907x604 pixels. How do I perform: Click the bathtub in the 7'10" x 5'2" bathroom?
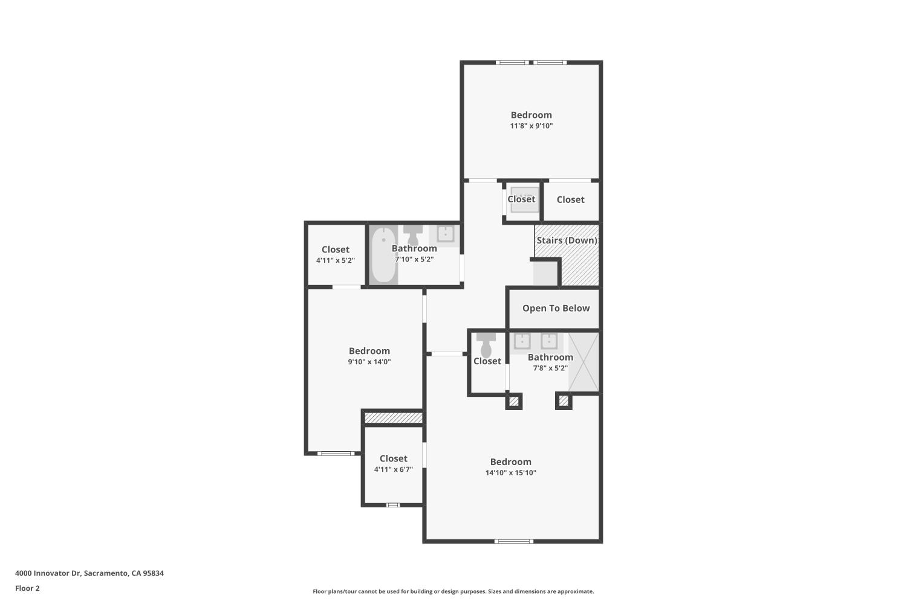[x=383, y=255]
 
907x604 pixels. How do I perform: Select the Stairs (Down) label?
[x=567, y=240]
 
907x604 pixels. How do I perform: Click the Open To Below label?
[x=556, y=308]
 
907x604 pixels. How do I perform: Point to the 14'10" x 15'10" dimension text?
[x=510, y=473]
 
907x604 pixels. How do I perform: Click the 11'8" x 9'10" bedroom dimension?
[x=531, y=126]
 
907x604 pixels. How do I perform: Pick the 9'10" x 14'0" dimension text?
[x=369, y=362]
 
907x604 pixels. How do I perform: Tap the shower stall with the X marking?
[x=584, y=362]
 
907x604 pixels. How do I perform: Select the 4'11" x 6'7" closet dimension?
[x=393, y=469]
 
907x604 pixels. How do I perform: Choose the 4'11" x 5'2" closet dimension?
[x=335, y=260]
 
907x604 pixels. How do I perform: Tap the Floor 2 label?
[x=27, y=588]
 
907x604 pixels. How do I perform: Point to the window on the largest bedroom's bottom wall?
[x=513, y=541]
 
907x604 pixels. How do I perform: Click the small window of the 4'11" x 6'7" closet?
[x=393, y=505]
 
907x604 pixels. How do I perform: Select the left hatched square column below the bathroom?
[x=513, y=400]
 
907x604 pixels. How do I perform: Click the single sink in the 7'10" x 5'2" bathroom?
[x=446, y=234]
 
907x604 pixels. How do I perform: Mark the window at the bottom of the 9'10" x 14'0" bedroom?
[x=336, y=453]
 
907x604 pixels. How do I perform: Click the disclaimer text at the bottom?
[x=453, y=592]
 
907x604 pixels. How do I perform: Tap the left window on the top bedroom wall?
[x=512, y=62]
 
